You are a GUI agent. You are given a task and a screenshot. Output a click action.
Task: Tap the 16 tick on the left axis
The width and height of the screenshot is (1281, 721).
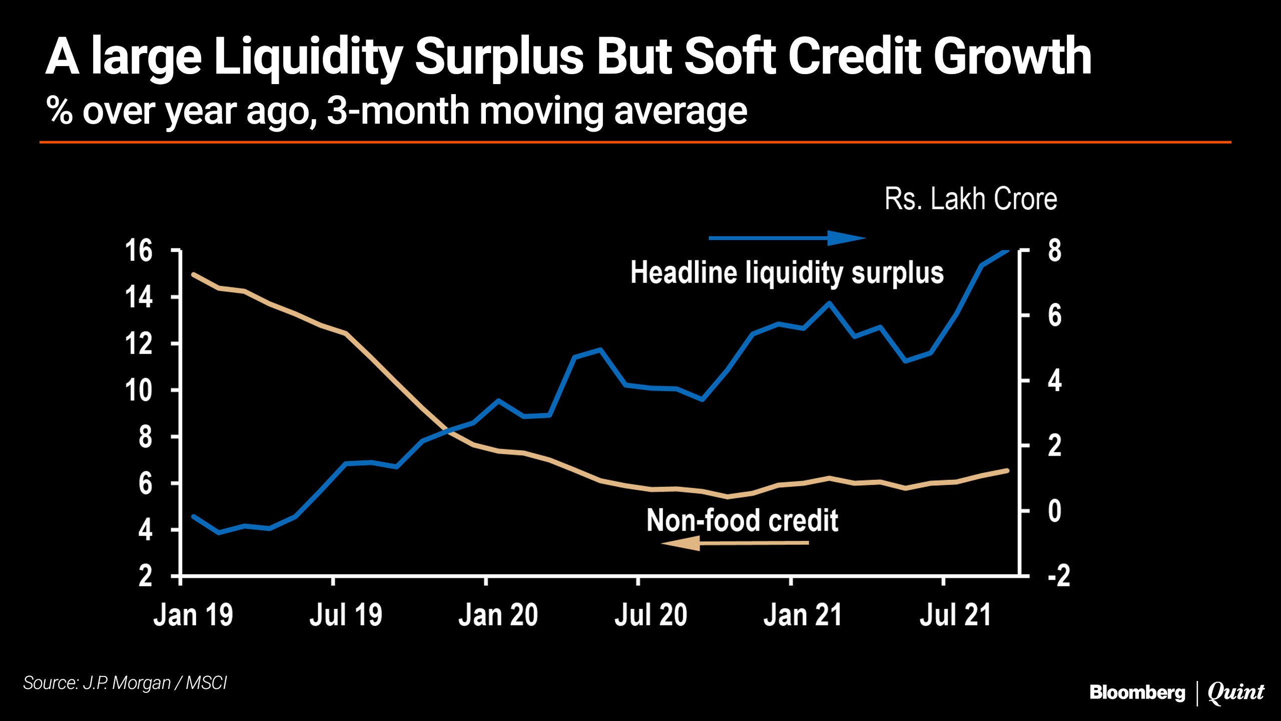139,250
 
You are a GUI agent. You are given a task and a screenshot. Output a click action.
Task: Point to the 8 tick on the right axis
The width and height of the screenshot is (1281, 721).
1054,250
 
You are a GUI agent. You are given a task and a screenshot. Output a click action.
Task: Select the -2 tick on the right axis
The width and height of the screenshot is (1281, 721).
1058,576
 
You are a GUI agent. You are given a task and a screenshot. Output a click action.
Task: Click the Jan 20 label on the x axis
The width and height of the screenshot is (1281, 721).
498,615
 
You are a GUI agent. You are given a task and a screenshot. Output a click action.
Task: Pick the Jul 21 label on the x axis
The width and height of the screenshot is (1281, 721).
955,615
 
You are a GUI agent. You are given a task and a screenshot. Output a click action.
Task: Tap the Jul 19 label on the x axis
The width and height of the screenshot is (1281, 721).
346,615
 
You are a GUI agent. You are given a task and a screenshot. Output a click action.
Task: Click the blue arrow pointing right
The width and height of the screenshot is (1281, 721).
787,238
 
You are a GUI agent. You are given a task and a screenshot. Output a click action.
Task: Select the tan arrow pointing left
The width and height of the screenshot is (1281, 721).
735,543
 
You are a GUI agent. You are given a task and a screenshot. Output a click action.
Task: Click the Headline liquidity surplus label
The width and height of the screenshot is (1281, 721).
787,273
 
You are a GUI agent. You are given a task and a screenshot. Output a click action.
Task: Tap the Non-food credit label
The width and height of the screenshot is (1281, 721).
742,520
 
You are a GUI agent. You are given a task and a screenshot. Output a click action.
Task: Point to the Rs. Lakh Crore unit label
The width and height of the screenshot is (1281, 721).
971,199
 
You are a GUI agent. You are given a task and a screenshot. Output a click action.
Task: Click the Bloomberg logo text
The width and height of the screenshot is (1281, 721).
1137,692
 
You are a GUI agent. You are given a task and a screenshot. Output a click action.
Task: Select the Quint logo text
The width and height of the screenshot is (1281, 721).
1235,692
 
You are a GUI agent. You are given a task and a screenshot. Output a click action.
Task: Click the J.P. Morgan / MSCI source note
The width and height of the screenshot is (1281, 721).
125,683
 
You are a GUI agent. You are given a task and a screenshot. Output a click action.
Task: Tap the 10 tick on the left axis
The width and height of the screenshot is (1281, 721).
139,390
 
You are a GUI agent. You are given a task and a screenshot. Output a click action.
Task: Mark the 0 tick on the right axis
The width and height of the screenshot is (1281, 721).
1054,511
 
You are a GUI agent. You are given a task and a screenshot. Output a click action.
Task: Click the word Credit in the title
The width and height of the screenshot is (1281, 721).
854,57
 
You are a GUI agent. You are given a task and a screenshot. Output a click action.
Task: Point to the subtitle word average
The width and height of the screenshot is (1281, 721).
681,111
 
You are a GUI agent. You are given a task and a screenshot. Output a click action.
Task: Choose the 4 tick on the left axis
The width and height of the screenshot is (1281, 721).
145,530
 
